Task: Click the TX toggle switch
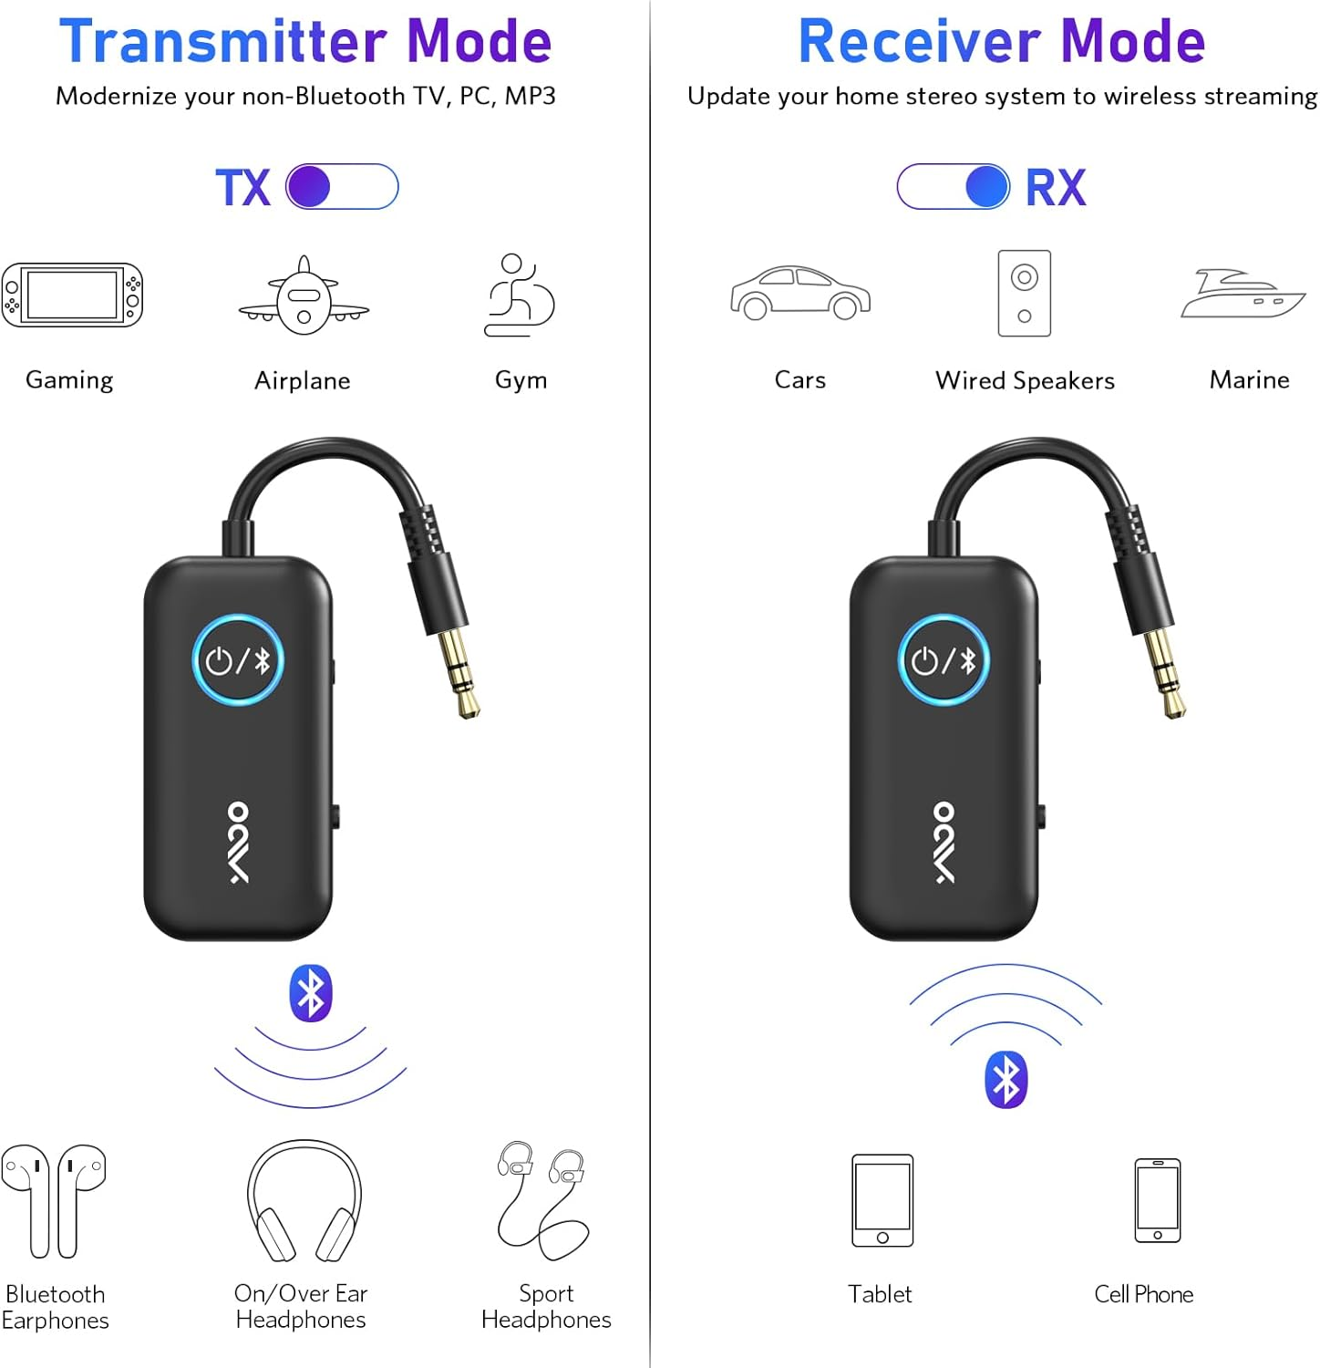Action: click(x=342, y=187)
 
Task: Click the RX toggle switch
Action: click(x=954, y=187)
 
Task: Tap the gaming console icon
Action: click(x=72, y=295)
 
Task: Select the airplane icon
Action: click(x=304, y=296)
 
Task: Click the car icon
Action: click(x=800, y=293)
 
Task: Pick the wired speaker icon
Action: click(x=1024, y=294)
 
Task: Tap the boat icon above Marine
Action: click(x=1243, y=294)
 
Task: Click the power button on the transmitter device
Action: click(x=238, y=660)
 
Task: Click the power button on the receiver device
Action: click(x=944, y=660)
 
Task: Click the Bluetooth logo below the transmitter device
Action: click(x=311, y=994)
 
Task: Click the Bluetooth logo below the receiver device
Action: click(x=1006, y=1080)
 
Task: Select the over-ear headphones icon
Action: click(x=304, y=1200)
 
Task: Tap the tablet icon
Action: click(x=882, y=1200)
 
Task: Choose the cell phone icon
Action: click(x=1157, y=1200)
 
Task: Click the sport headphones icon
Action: click(x=543, y=1200)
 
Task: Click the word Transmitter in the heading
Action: click(x=223, y=42)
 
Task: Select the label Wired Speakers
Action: click(x=1025, y=380)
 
